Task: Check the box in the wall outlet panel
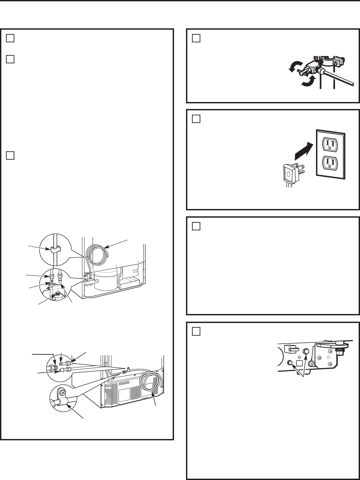(x=196, y=119)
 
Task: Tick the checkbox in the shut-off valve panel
(x=196, y=38)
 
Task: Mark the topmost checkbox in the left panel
(x=10, y=38)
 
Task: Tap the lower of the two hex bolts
(x=290, y=363)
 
